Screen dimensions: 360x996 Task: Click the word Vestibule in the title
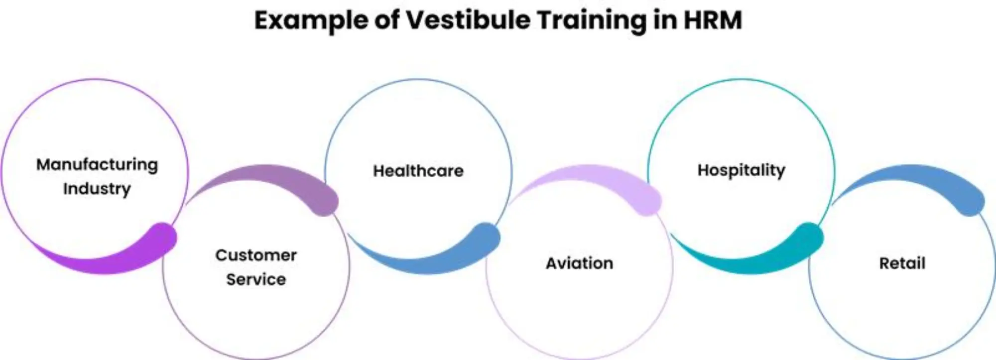(468, 20)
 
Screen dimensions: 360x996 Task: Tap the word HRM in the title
(713, 20)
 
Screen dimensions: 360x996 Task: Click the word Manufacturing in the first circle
(97, 165)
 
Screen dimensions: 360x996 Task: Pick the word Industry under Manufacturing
(97, 189)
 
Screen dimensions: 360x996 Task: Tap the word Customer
(256, 255)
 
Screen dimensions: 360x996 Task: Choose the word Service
(256, 279)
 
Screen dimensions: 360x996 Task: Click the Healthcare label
(418, 171)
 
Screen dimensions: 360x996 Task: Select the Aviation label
(579, 263)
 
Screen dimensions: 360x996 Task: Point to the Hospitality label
(741, 170)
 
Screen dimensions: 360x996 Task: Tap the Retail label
(902, 263)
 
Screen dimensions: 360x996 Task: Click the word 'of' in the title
(388, 20)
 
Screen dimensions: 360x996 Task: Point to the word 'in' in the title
(665, 20)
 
